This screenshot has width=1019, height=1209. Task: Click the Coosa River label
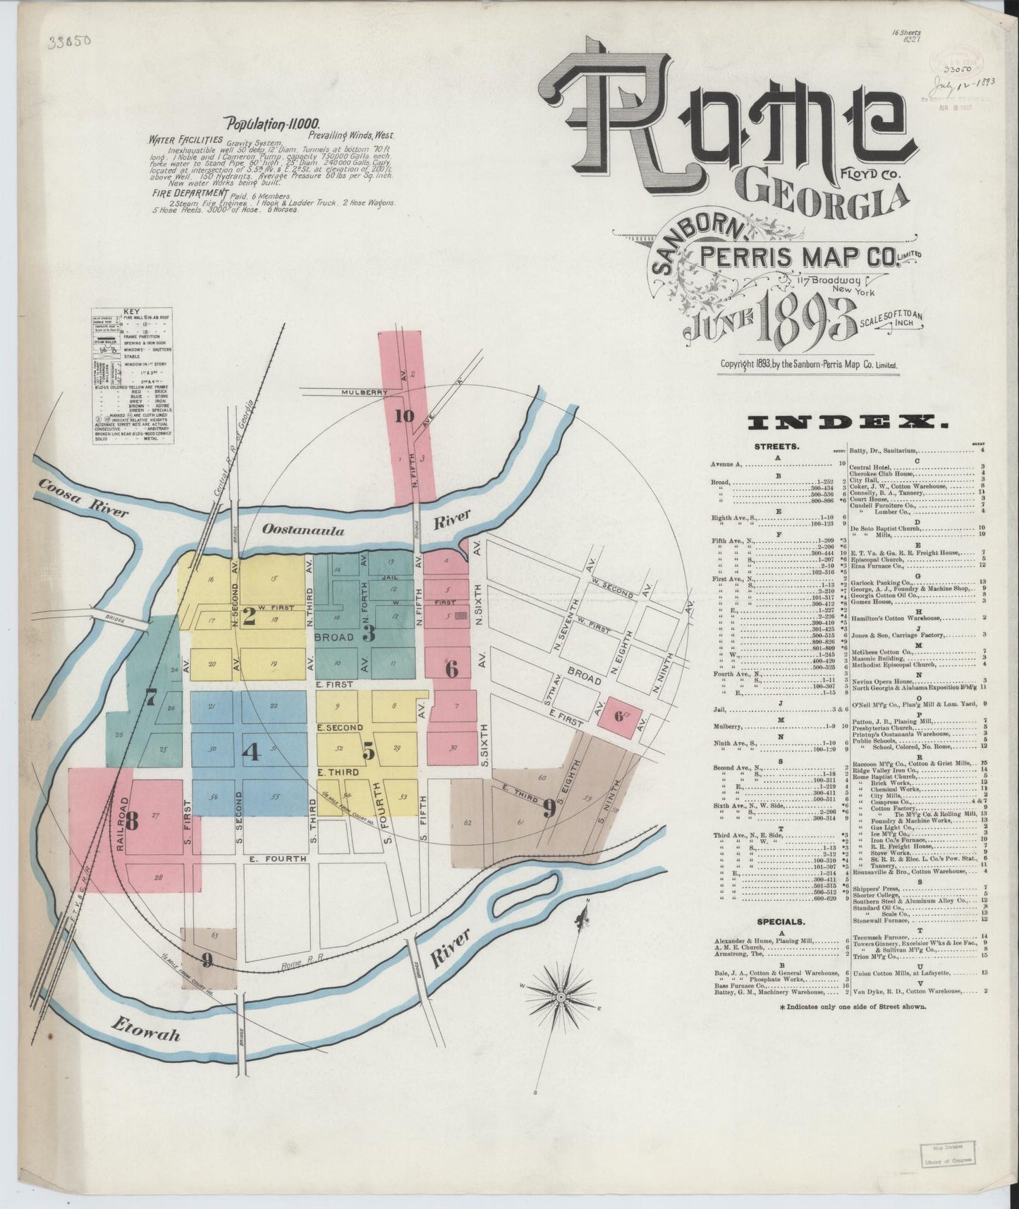83,499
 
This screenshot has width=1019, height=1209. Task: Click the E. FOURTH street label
277,858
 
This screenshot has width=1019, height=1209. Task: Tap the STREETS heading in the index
776,446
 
